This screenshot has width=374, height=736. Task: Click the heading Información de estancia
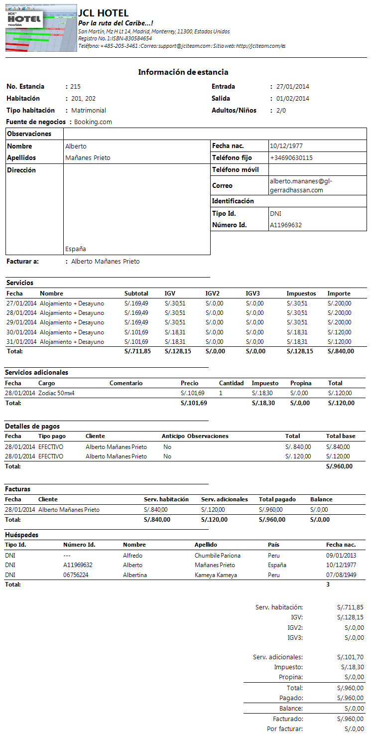(183, 72)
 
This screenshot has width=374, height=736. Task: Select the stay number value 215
(75, 87)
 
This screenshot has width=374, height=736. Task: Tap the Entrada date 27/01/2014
(292, 87)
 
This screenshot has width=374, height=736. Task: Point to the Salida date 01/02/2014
(292, 99)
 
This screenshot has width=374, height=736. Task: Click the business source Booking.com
(93, 122)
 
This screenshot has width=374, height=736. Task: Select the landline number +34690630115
(291, 158)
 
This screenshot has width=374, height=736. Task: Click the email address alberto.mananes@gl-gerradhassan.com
(300, 186)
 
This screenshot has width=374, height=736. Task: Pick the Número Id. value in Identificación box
(285, 225)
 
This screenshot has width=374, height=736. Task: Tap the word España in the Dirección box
(75, 249)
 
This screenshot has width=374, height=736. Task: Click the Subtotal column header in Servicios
(136, 294)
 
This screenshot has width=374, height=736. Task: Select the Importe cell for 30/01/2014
(339, 332)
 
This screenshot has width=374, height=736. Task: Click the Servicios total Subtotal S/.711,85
(137, 351)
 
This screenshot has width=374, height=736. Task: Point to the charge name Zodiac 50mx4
(56, 393)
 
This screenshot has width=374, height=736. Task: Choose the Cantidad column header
(231, 383)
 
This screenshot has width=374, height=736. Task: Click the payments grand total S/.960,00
(339, 466)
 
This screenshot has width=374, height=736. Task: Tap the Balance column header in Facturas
(321, 499)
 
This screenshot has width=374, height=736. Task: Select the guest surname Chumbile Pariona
(217, 556)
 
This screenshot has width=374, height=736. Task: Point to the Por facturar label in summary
(284, 729)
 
